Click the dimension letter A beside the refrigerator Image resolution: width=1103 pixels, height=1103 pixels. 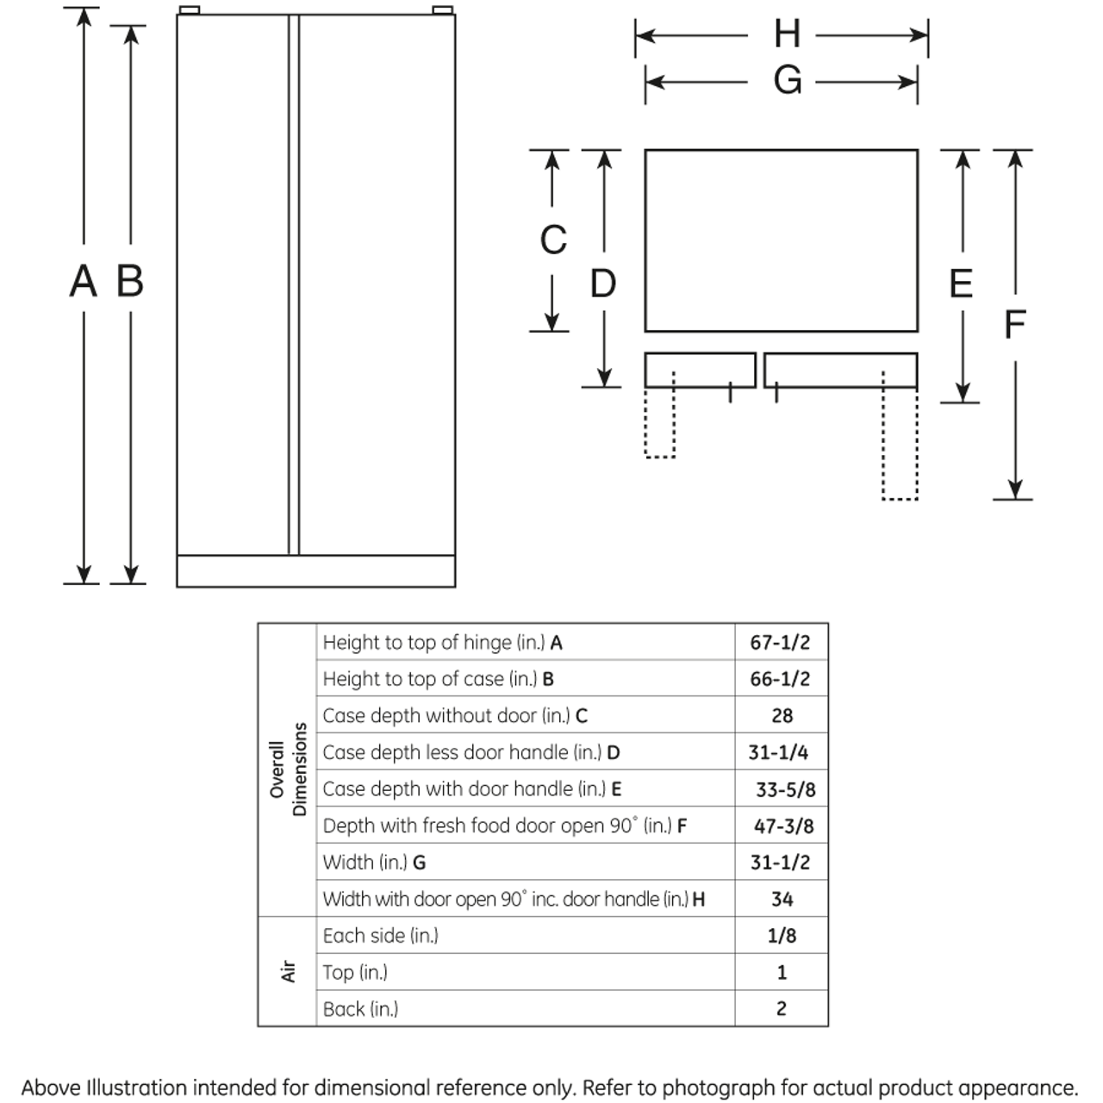click(83, 282)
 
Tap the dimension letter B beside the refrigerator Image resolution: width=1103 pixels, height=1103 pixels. click(129, 282)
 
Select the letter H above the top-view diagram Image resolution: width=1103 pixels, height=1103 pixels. click(786, 34)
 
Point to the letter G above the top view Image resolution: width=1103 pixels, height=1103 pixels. click(787, 81)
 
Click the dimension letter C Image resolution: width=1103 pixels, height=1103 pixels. click(552, 240)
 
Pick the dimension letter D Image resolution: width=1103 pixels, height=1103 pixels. click(603, 284)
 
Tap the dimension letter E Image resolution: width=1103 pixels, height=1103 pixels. click(960, 284)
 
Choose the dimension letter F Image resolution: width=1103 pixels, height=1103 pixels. click(1014, 325)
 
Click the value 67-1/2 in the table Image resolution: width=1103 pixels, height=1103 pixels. click(780, 643)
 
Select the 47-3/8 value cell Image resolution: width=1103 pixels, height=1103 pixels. click(783, 826)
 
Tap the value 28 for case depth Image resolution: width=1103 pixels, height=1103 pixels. click(782, 716)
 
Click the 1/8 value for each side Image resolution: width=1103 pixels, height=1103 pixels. click(782, 936)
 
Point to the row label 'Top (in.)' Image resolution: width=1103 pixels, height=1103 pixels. click(355, 973)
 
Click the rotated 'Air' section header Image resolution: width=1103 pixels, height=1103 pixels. click(288, 972)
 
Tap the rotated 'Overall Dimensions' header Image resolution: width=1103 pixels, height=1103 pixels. click(288, 770)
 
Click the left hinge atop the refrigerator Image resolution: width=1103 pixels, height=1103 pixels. click(190, 10)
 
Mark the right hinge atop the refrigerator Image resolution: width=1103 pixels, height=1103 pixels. click(442, 10)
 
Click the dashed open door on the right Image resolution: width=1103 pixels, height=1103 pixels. click(900, 443)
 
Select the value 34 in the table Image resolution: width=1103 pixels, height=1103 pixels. click(782, 900)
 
